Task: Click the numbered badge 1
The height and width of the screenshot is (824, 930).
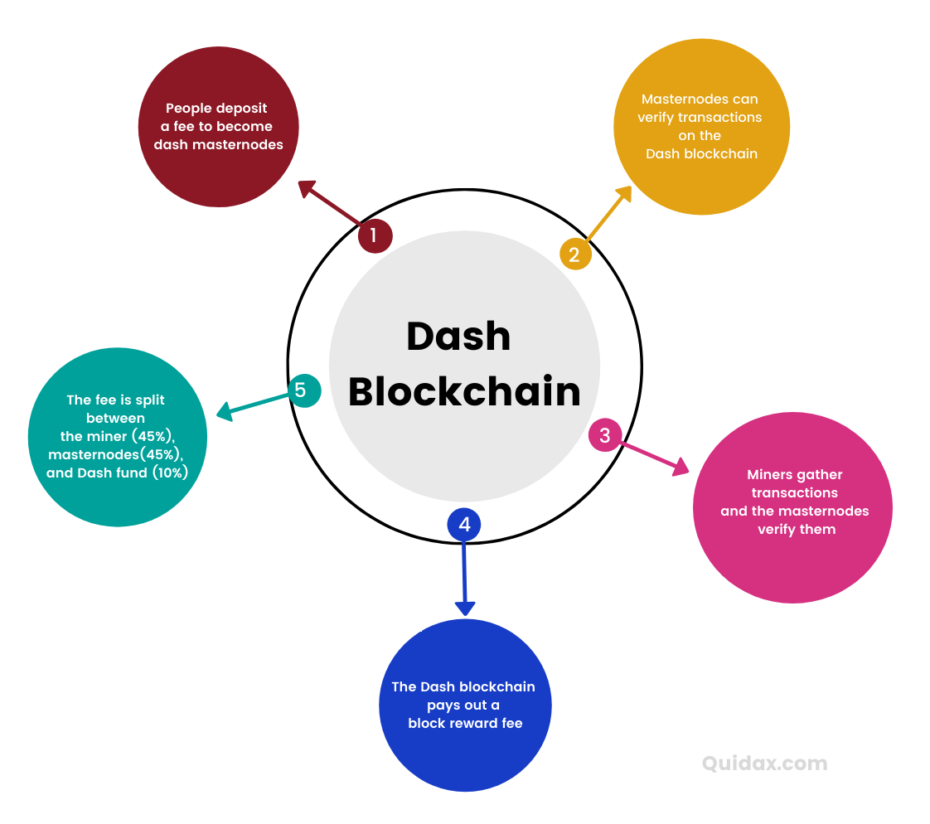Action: tap(374, 235)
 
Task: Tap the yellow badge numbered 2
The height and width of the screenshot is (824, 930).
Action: tap(575, 254)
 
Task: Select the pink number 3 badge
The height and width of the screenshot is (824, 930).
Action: tap(605, 435)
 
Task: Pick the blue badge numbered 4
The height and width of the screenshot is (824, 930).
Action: tap(464, 525)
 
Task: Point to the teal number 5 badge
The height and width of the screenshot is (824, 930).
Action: tap(304, 390)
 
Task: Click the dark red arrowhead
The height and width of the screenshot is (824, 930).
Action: tap(308, 190)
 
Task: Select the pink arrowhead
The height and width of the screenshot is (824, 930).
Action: tap(681, 468)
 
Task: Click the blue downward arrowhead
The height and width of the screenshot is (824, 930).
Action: tap(465, 607)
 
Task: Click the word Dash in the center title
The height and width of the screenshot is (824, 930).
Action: tap(458, 337)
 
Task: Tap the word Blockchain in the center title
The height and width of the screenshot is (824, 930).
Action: tap(464, 391)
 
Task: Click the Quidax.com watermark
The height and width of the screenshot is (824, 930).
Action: tap(764, 763)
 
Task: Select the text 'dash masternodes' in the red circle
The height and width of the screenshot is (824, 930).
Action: tap(218, 144)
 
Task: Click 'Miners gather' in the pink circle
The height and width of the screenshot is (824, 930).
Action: tap(794, 475)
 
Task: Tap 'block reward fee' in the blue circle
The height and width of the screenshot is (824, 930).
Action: tap(465, 723)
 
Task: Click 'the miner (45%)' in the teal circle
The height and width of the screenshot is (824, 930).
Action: tap(118, 436)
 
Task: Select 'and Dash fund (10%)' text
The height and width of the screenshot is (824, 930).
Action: tap(117, 473)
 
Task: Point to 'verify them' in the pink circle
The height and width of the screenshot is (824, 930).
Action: tap(796, 529)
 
